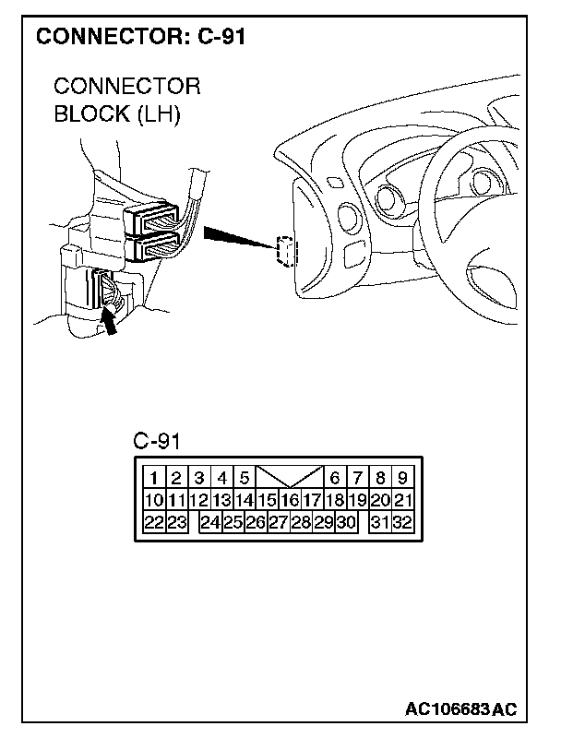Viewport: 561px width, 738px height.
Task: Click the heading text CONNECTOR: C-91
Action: pyautogui.click(x=141, y=38)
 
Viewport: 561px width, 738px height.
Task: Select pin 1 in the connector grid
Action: pyautogui.click(x=154, y=478)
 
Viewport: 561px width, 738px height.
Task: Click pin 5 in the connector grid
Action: pyautogui.click(x=245, y=478)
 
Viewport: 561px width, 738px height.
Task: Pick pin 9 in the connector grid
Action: pyautogui.click(x=402, y=478)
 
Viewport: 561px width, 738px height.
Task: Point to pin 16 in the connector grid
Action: pyautogui.click(x=290, y=501)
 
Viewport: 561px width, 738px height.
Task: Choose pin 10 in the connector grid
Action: pyautogui.click(x=154, y=501)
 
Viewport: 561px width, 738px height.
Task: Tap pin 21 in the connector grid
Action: pyautogui.click(x=402, y=501)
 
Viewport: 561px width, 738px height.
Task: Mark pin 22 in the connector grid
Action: pyautogui.click(x=154, y=523)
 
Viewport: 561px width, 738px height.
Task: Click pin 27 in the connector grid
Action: pyautogui.click(x=279, y=523)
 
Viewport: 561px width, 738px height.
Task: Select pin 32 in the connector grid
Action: pyautogui.click(x=402, y=523)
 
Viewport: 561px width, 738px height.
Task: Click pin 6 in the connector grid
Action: pyautogui.click(x=335, y=478)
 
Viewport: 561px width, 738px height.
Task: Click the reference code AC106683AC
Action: pyautogui.click(x=460, y=709)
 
